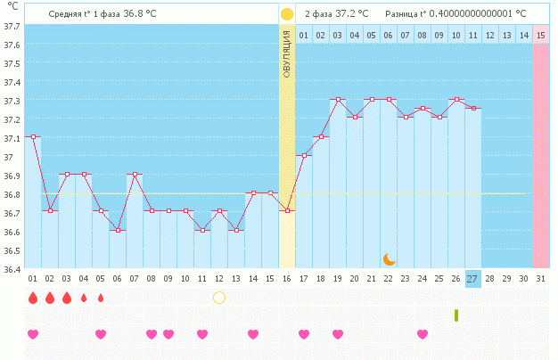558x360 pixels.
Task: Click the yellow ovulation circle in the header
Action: pyautogui.click(x=287, y=14)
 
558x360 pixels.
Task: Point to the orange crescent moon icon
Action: pyautogui.click(x=389, y=258)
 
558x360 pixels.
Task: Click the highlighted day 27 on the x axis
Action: pyautogui.click(x=472, y=278)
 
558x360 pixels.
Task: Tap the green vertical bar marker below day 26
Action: pyautogui.click(x=456, y=315)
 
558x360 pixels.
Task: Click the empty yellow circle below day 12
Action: pyautogui.click(x=219, y=297)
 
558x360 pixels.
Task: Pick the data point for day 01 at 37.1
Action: pyautogui.click(x=34, y=137)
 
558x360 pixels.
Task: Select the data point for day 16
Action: pyautogui.click(x=287, y=211)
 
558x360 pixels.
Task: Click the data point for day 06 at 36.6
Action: pyautogui.click(x=118, y=230)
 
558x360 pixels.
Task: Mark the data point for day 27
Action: pyautogui.click(x=472, y=109)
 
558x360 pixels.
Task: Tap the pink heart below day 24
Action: pyautogui.click(x=422, y=334)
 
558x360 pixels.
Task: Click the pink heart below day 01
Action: pyautogui.click(x=34, y=334)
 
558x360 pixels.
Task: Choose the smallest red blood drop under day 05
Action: pyautogui.click(x=101, y=298)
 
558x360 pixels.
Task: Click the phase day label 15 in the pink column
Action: pyautogui.click(x=541, y=35)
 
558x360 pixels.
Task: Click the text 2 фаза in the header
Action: pyautogui.click(x=318, y=14)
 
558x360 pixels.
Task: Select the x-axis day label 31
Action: pyautogui.click(x=540, y=278)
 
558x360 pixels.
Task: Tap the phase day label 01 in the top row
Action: pyautogui.click(x=304, y=35)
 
